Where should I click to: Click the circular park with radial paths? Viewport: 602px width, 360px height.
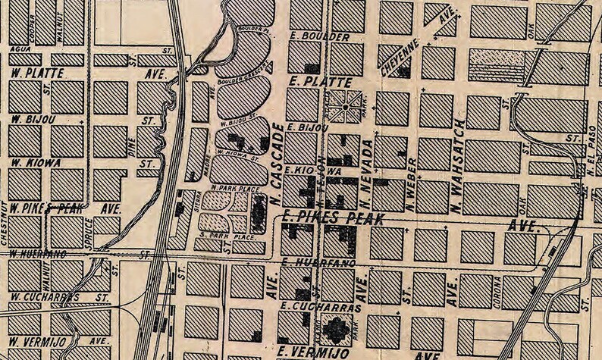[345, 108]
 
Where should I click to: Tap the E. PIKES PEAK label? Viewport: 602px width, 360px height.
[332, 218]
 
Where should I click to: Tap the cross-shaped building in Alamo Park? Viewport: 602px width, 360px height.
[335, 328]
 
